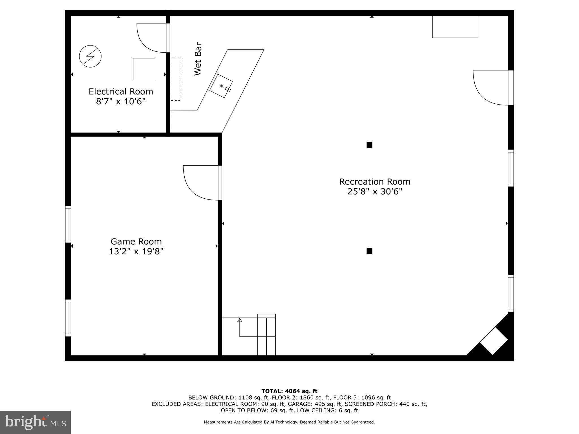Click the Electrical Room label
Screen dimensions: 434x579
coord(121,92)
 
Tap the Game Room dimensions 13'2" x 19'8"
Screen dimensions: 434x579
coord(136,251)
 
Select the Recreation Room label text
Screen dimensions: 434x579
coord(375,182)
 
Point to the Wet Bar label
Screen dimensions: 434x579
coord(198,59)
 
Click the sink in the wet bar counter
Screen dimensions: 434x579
coord(221,86)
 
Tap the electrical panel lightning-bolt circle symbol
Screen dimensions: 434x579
coord(90,56)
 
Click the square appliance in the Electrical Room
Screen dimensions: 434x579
coord(144,69)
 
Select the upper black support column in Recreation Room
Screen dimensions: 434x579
coord(369,145)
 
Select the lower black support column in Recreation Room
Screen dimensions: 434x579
coord(369,251)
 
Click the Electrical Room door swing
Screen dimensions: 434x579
coord(150,38)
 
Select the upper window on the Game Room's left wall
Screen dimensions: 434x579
coord(68,224)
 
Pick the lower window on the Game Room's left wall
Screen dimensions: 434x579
coord(68,318)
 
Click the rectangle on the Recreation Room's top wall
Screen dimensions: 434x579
coord(455,27)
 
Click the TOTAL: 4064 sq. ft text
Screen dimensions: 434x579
coord(289,391)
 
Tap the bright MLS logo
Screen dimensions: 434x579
coord(35,422)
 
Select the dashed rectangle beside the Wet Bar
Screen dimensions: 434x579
coord(175,79)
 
